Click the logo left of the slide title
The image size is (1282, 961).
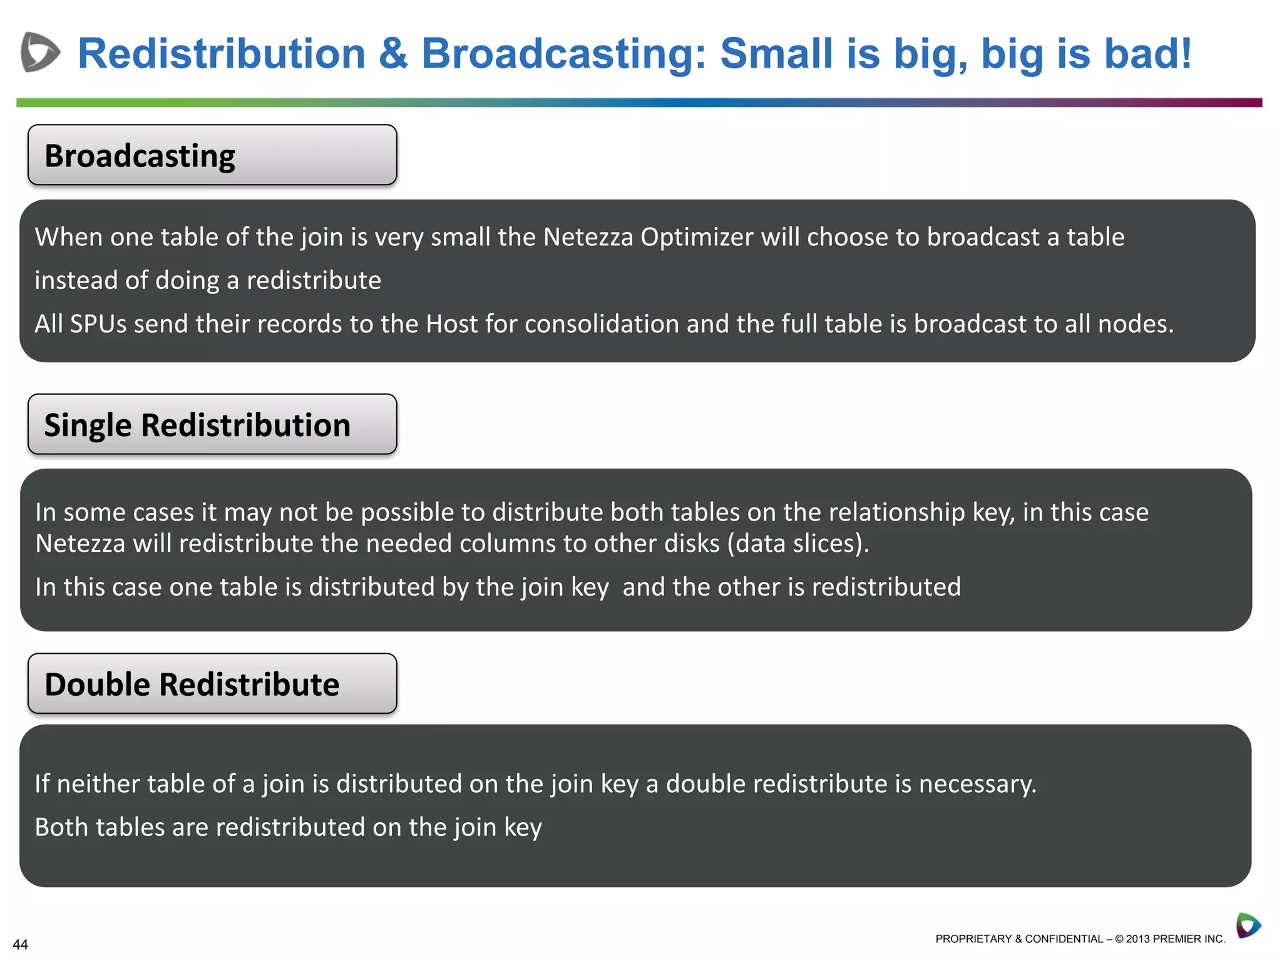click(x=40, y=52)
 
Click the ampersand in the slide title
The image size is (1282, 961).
click(x=393, y=54)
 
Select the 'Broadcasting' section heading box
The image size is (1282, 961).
click(x=212, y=155)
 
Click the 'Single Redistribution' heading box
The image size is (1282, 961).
click(x=212, y=424)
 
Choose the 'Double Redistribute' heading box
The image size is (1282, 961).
click(x=212, y=684)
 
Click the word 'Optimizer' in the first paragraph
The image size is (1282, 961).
click(x=697, y=238)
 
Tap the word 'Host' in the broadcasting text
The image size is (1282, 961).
click(x=453, y=324)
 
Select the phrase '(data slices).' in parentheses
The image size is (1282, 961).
click(x=798, y=544)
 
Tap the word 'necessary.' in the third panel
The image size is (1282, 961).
click(x=977, y=784)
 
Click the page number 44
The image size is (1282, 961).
click(x=20, y=945)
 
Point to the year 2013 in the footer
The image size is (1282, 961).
click(x=1138, y=939)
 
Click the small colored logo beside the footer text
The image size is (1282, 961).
click(x=1248, y=925)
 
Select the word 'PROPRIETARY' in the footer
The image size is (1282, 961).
click(x=973, y=939)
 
